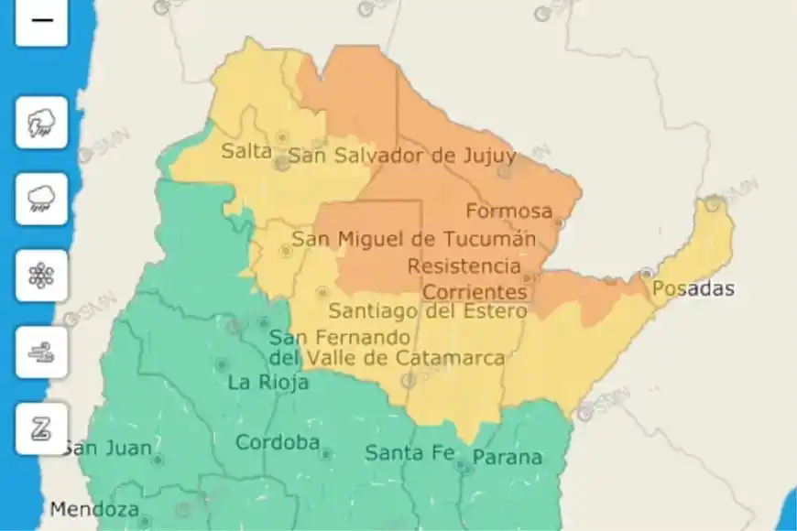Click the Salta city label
(x=246, y=152)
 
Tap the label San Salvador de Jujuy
(x=401, y=157)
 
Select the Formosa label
(x=508, y=211)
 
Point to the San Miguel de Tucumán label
(x=413, y=240)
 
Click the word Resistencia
(x=464, y=266)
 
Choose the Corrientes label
(x=475, y=292)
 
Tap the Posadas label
(x=693, y=289)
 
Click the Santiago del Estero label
(x=428, y=311)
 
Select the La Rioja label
(x=267, y=383)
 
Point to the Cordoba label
(x=278, y=443)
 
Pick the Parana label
(x=507, y=457)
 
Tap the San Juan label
(x=92, y=449)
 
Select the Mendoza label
(x=94, y=509)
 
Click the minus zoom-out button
(x=41, y=20)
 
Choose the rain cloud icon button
(x=41, y=199)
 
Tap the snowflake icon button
(x=41, y=276)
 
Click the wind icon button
(x=41, y=352)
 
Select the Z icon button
(x=41, y=428)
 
